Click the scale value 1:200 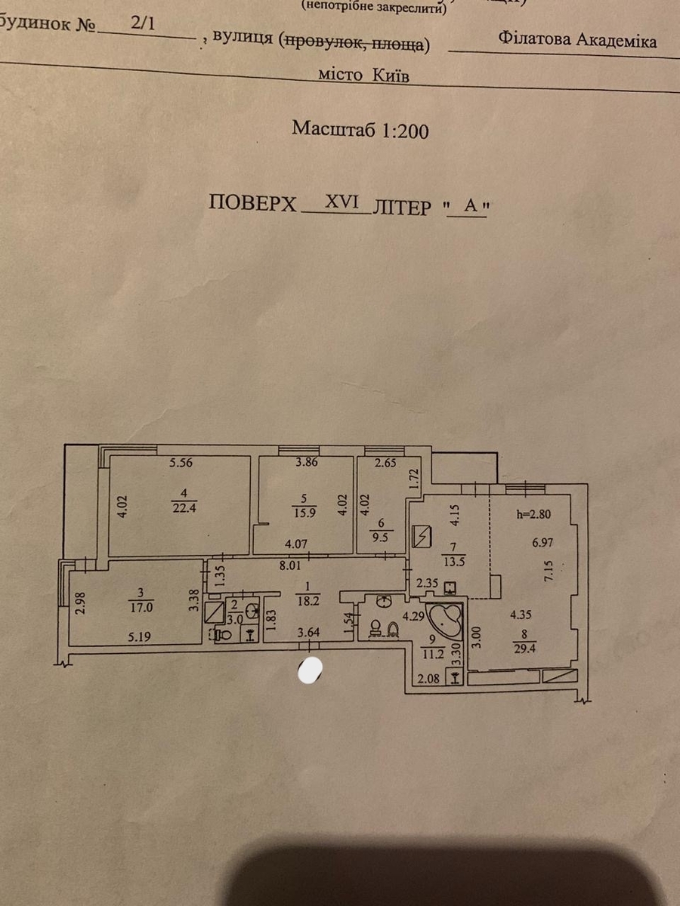(405, 131)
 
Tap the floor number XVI (342, 202)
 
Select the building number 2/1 (144, 23)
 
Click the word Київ (391, 75)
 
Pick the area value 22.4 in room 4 (184, 507)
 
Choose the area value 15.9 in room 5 (304, 514)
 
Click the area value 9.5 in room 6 (380, 538)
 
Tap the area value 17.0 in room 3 (141, 608)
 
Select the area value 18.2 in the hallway (308, 601)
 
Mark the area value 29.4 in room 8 (524, 649)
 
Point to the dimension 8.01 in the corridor (290, 565)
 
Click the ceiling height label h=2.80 (534, 514)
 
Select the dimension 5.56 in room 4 (181, 463)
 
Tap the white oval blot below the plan (310, 670)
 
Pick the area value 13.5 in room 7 (454, 562)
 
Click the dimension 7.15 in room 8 (549, 571)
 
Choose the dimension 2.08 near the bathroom (428, 678)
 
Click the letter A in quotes (471, 205)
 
